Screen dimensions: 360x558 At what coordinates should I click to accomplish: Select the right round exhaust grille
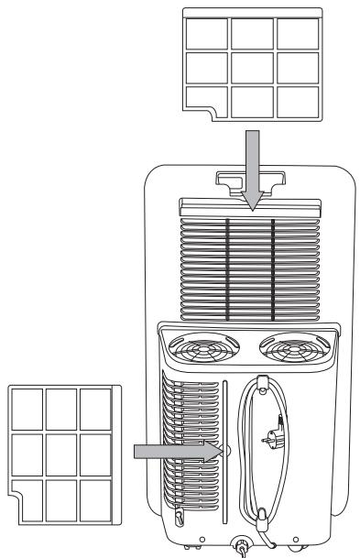click(x=289, y=351)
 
